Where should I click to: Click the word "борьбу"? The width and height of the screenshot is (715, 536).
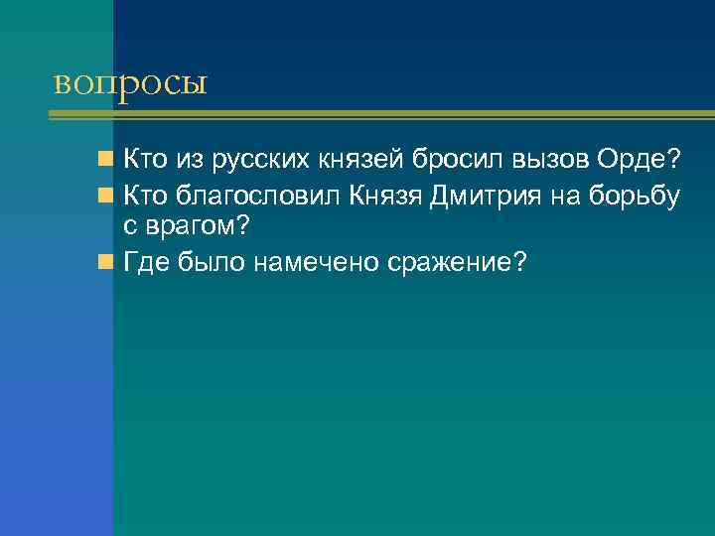click(635, 197)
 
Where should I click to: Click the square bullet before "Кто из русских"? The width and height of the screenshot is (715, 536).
click(105, 159)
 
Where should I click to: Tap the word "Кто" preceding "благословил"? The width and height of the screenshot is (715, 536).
click(143, 197)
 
